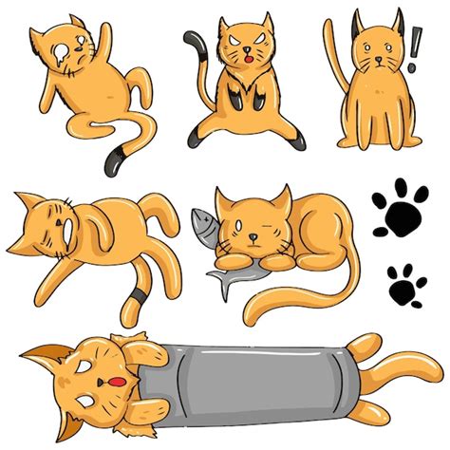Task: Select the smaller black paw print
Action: coord(406,284)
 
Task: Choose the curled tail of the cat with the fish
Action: coord(285,304)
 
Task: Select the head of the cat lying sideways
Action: coord(47,228)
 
